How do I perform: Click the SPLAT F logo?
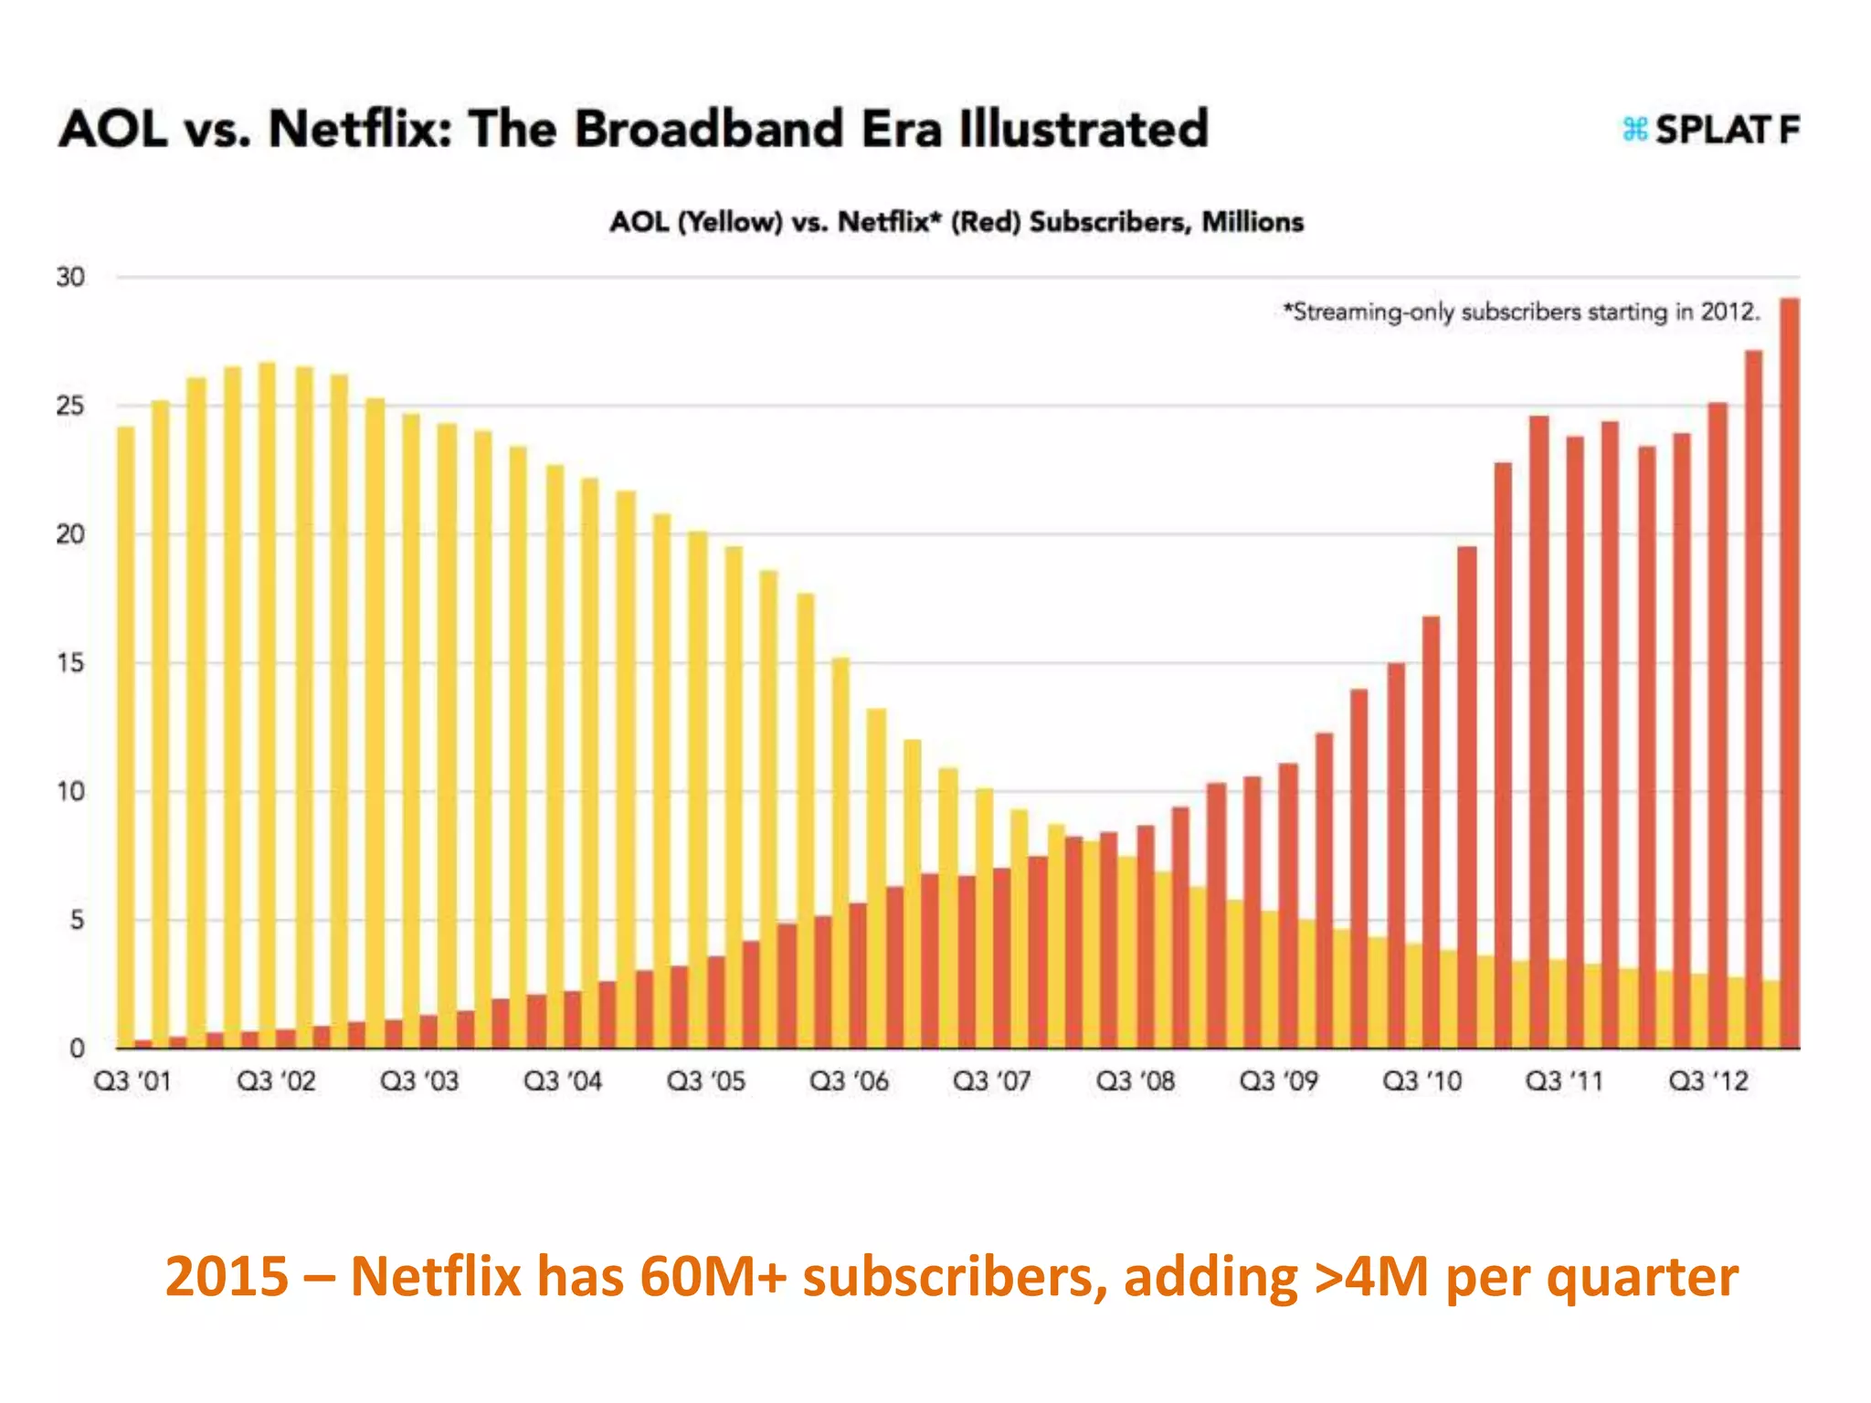tap(1710, 130)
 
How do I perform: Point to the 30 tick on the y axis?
tap(70, 277)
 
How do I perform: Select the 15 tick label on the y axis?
tap(70, 663)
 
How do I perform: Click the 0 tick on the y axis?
tap(77, 1049)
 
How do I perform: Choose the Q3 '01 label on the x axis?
tap(132, 1081)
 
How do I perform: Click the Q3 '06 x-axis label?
tap(849, 1081)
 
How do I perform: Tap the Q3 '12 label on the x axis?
tap(1707, 1081)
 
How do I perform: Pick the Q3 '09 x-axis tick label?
tap(1278, 1081)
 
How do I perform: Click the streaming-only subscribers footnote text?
tap(1520, 312)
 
